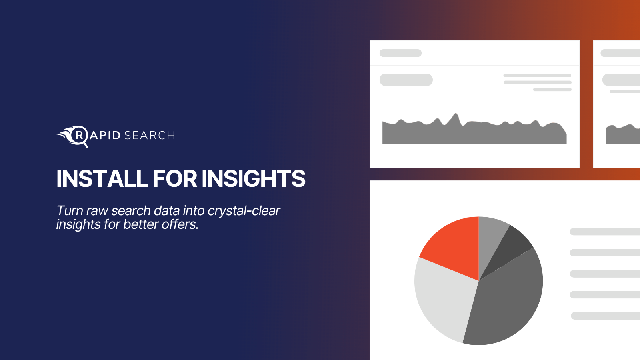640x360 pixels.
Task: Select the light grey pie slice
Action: point(443,297)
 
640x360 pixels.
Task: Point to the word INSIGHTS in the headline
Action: point(254,178)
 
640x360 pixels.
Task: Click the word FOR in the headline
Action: point(175,178)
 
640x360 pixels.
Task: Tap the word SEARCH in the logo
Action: point(150,136)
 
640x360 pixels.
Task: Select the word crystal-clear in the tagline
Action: point(244,211)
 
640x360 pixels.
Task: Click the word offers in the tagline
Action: point(180,224)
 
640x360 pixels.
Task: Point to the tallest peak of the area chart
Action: point(456,114)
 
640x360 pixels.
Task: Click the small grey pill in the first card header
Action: point(400,53)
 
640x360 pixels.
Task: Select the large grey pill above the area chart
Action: point(406,80)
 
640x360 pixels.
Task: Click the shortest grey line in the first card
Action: point(552,90)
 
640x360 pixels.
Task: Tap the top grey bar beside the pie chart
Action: point(605,232)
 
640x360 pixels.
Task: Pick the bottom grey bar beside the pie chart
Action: point(606,316)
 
